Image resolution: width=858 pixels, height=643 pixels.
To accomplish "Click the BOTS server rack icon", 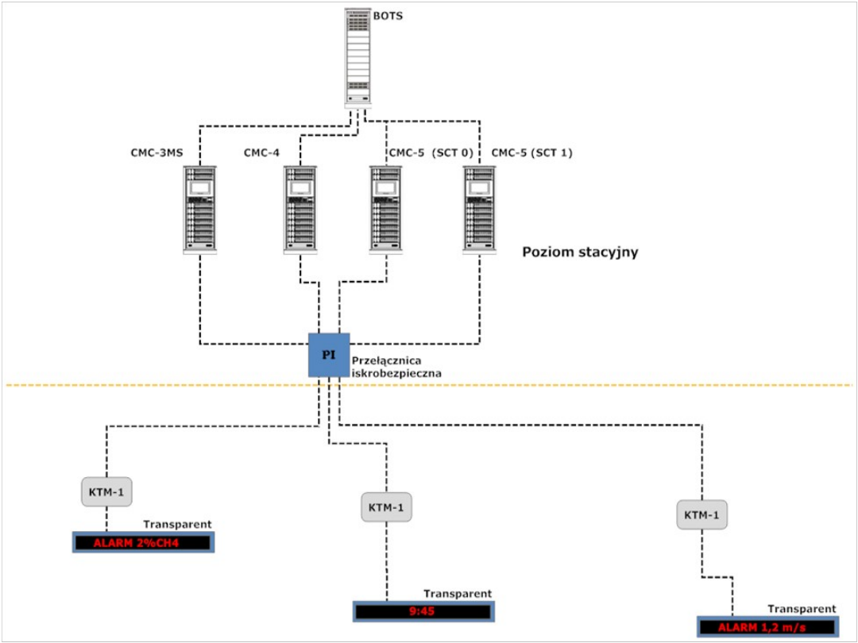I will point(358,57).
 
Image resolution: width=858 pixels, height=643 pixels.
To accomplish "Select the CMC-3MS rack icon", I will point(199,210).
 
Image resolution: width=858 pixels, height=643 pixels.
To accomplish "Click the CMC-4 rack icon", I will point(301,210).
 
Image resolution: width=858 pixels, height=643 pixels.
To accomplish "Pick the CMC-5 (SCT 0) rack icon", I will point(387,210).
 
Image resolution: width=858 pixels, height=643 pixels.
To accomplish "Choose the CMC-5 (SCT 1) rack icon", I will point(480,210).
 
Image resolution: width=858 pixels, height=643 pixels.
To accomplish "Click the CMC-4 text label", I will point(261,152).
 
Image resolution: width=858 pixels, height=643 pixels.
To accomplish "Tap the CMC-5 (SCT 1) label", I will point(532,152).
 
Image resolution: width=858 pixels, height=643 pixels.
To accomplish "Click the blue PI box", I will point(329,354).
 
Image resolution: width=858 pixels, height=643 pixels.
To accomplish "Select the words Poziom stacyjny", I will point(581,252).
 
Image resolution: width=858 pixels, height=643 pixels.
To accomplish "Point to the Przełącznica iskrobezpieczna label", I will point(396,365).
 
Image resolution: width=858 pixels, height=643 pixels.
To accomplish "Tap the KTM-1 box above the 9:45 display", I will point(386,507).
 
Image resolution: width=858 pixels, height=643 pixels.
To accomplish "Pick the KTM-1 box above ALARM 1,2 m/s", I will point(701,515).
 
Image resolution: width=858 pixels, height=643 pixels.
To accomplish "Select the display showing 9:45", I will point(423,611).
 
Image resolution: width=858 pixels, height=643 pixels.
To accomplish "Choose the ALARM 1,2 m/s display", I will point(767,626).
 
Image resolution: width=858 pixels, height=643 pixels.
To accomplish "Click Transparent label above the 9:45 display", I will point(458,593).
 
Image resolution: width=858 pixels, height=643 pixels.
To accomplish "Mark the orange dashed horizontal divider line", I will point(556,386).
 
